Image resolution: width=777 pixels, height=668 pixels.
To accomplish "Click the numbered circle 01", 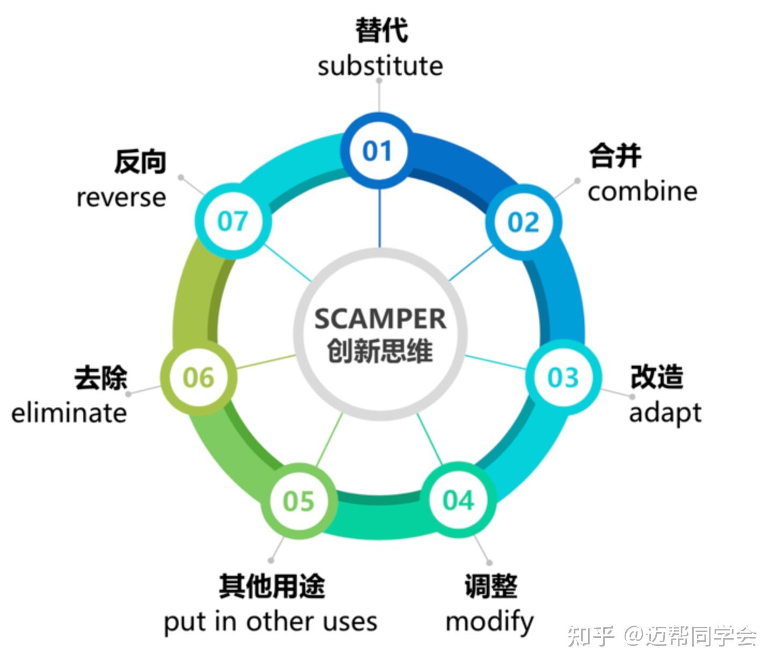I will [378, 151].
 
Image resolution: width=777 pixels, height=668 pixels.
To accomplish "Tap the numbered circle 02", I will [524, 222].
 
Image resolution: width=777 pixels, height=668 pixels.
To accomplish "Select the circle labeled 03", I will [563, 377].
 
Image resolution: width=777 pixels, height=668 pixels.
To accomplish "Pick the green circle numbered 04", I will [459, 500].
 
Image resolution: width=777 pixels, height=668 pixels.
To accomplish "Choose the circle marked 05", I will [299, 501].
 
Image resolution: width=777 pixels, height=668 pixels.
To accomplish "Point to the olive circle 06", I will [199, 378].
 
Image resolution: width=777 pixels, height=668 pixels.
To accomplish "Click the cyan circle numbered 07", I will [232, 221].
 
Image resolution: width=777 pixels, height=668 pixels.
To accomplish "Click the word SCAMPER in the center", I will [380, 319].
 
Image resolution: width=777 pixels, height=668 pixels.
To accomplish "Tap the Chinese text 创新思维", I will [380, 352].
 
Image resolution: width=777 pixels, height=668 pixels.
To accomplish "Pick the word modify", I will [489, 622].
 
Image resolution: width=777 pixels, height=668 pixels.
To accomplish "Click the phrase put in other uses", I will [270, 622].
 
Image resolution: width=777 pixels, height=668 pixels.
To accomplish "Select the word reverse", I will [121, 197].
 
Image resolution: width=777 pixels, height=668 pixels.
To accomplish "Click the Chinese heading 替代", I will [381, 30].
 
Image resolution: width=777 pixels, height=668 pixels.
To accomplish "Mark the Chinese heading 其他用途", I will [272, 586].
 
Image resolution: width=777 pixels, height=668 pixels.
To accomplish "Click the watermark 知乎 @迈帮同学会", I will [662, 636].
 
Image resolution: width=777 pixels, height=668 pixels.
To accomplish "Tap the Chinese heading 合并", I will [615, 156].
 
